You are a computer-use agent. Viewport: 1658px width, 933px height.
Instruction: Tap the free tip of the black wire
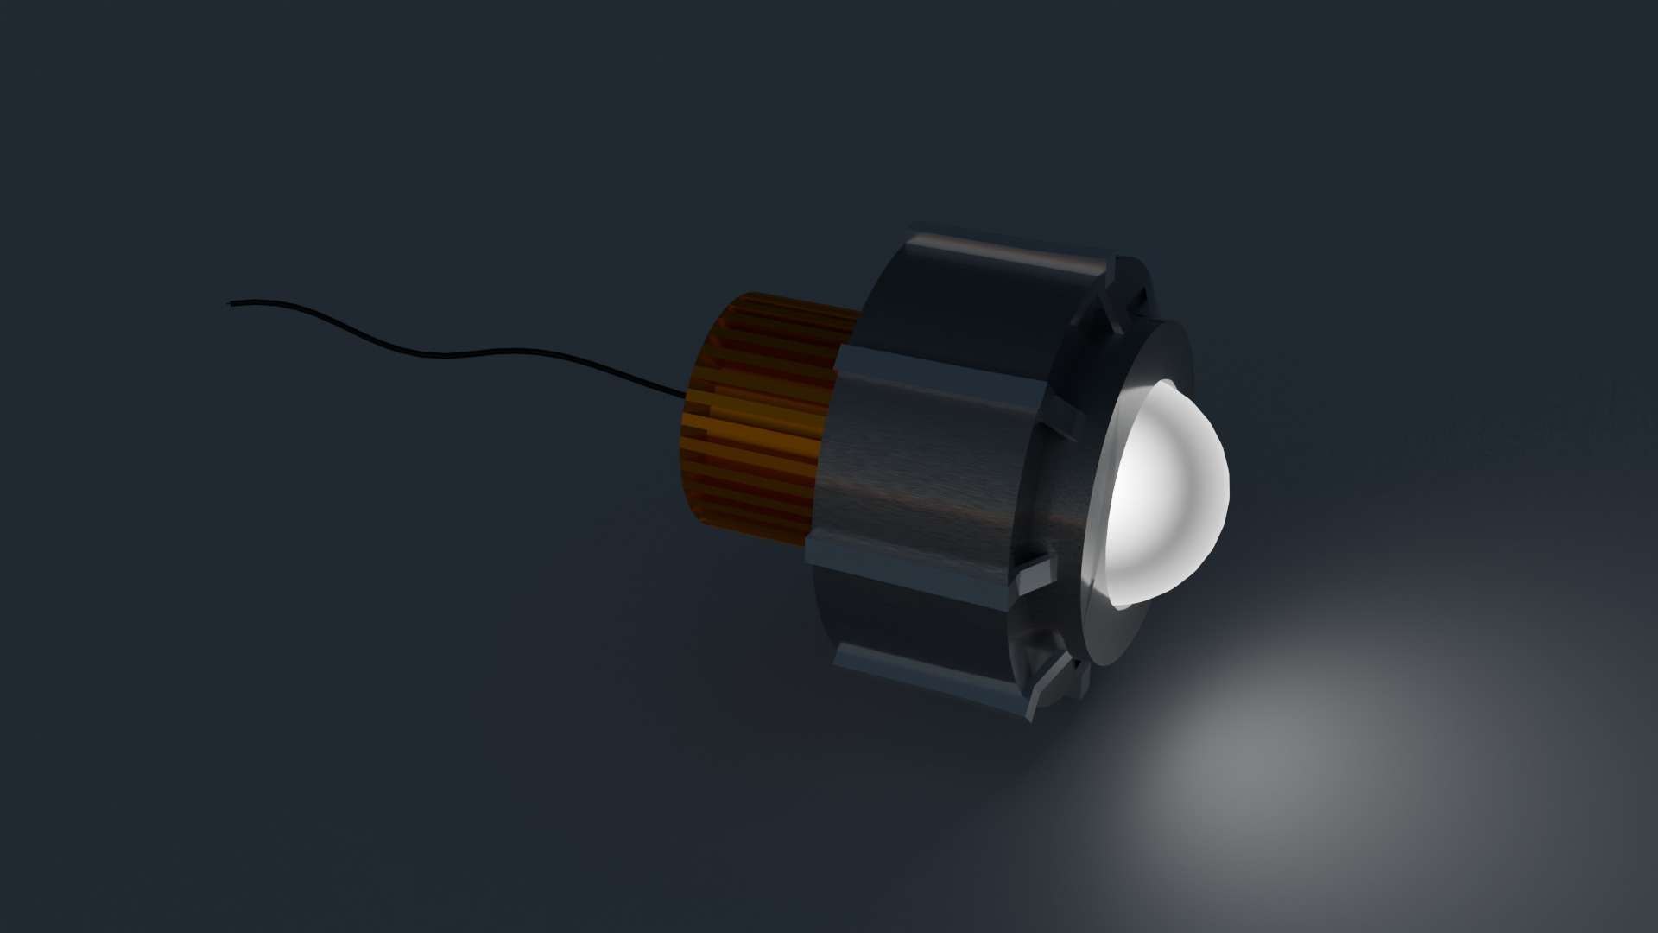(x=230, y=303)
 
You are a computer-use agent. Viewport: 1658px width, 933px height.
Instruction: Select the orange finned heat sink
(x=760, y=415)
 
